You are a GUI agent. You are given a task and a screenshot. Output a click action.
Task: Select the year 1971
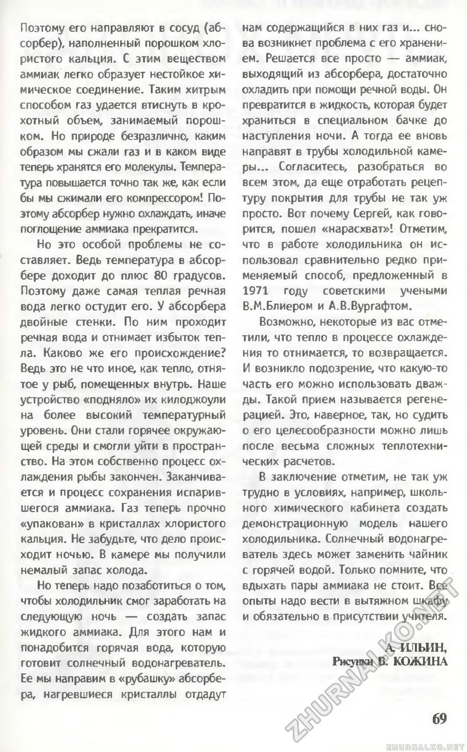click(256, 291)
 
